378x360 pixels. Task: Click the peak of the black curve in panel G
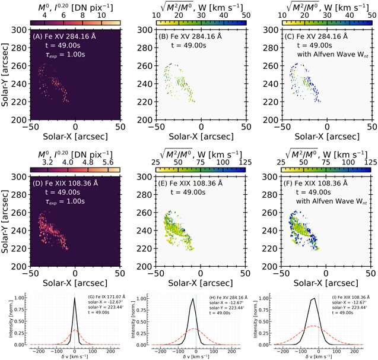74,299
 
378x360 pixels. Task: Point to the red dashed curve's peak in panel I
315,326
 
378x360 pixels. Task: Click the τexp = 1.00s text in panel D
56,202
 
